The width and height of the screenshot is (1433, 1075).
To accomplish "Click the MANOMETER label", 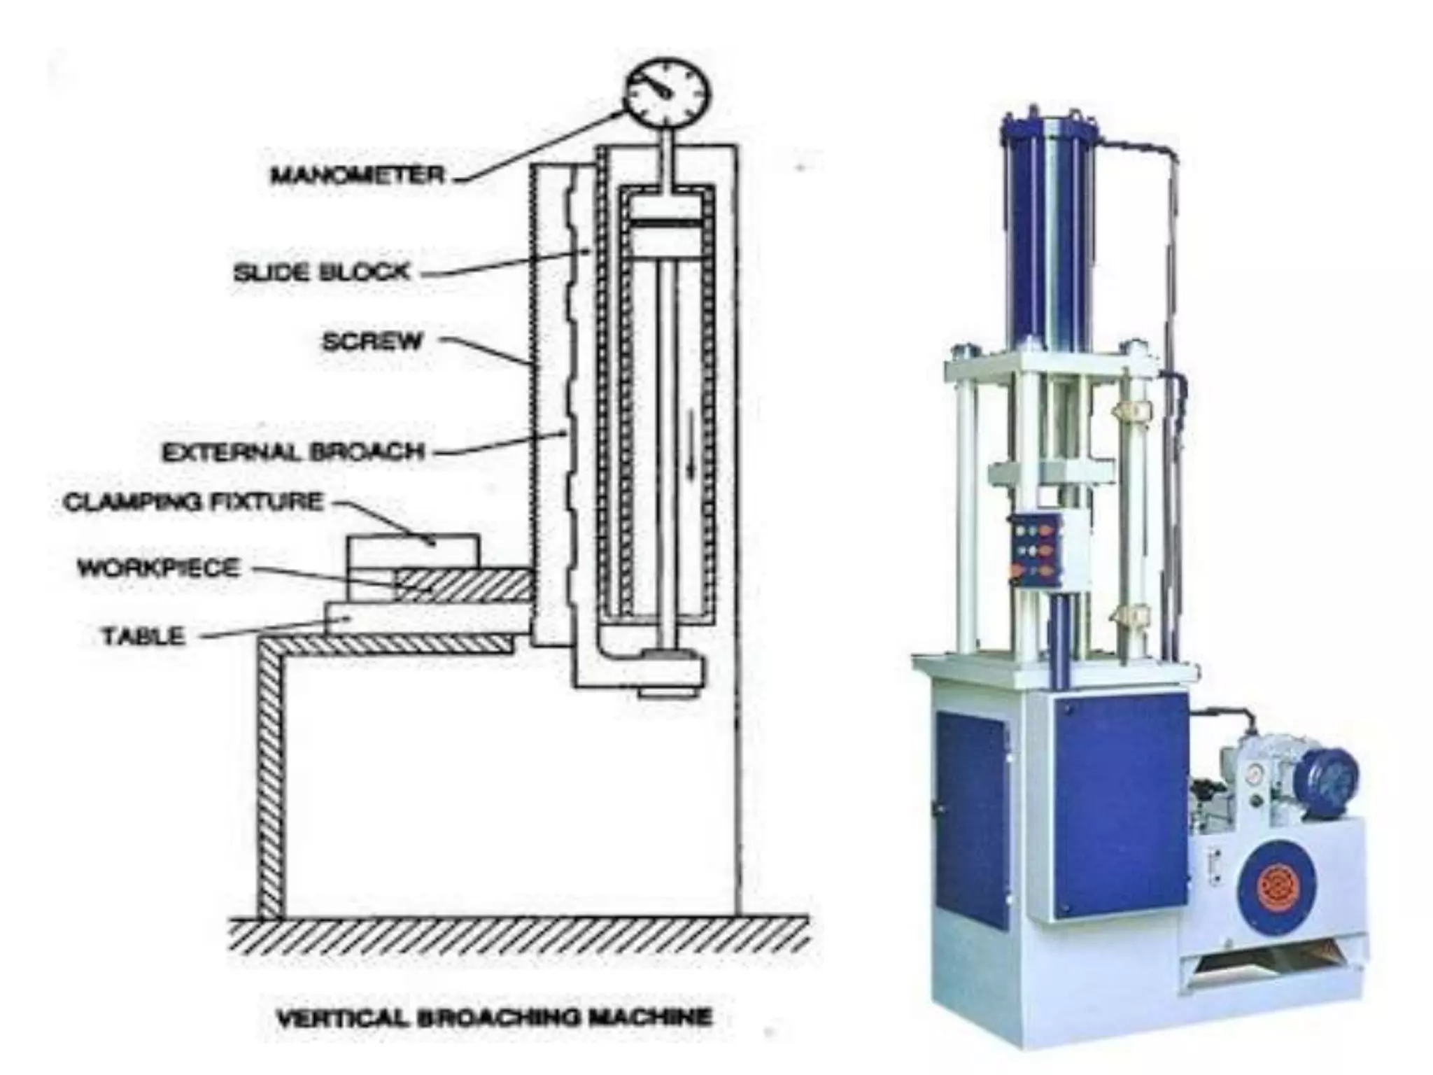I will (358, 174).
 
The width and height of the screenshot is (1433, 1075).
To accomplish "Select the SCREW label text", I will (372, 341).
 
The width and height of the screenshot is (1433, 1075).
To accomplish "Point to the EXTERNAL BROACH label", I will (293, 451).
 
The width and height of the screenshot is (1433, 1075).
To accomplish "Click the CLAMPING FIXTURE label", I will (194, 502).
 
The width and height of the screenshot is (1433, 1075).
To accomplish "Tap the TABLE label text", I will (143, 636).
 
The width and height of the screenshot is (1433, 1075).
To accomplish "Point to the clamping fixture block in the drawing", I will (414, 550).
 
